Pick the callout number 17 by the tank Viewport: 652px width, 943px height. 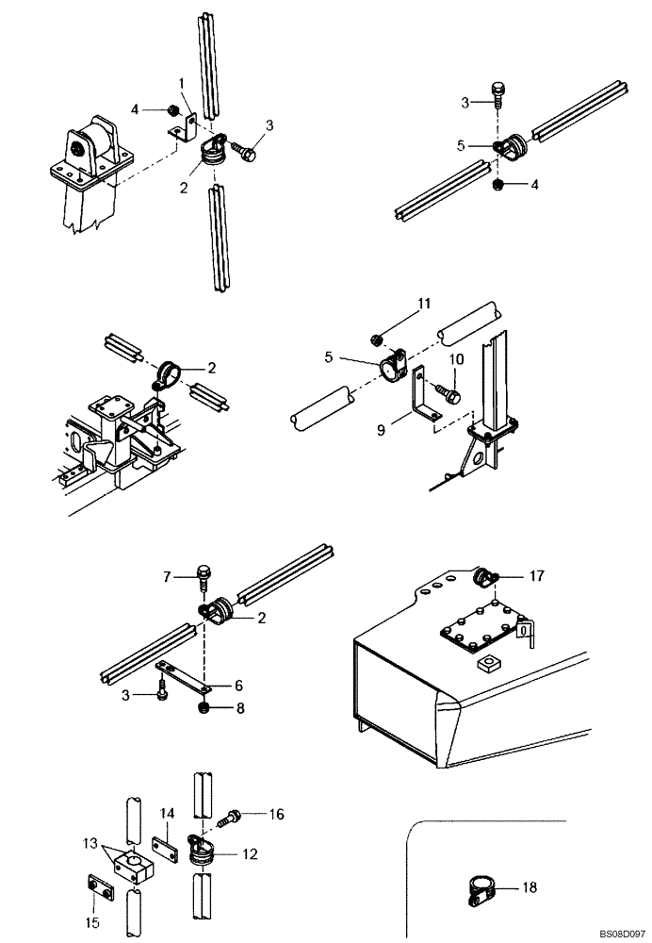coord(536,573)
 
